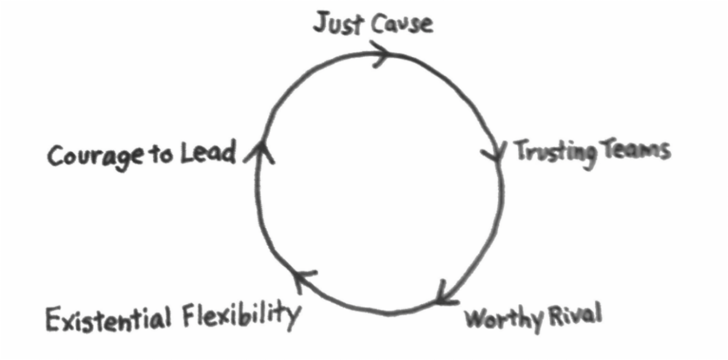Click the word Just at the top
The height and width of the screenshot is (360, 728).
tap(339, 24)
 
